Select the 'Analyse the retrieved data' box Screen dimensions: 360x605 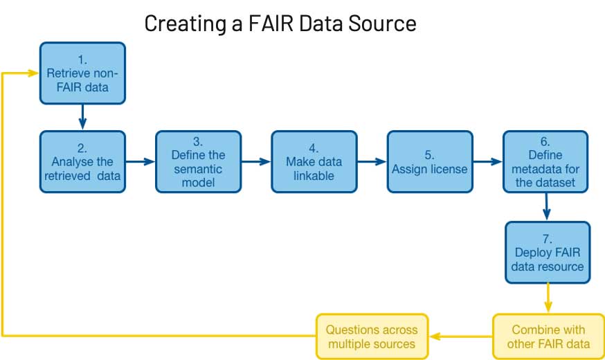(x=82, y=161)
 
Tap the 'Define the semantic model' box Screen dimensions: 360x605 (x=198, y=161)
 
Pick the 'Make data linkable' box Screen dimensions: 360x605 (x=314, y=161)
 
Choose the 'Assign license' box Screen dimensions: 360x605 (x=429, y=161)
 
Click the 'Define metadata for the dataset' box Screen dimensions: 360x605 (x=545, y=161)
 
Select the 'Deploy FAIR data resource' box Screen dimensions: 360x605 (x=548, y=252)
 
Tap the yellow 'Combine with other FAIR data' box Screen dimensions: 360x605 (x=548, y=336)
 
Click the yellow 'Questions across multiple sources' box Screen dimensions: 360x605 (x=371, y=336)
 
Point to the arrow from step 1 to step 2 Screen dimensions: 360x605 (x=82, y=116)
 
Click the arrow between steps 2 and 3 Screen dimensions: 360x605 (x=140, y=161)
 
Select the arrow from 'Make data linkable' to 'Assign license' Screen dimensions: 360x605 (x=371, y=161)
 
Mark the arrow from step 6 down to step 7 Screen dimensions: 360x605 (x=547, y=206)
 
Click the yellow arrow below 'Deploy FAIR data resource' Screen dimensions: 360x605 (x=548, y=298)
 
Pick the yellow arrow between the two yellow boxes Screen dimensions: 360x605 (x=460, y=337)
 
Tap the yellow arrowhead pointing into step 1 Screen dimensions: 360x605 (x=32, y=72)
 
